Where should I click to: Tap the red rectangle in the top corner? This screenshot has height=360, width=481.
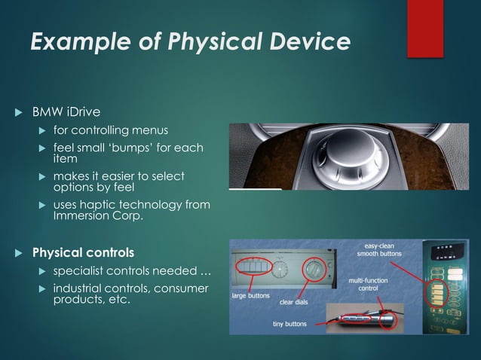(x=425, y=28)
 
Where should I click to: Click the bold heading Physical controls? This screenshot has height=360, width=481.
(x=83, y=251)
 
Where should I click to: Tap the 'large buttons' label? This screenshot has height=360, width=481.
(x=250, y=295)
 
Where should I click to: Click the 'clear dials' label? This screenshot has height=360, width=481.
(x=297, y=303)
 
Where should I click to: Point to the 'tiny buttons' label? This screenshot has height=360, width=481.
(x=290, y=325)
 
